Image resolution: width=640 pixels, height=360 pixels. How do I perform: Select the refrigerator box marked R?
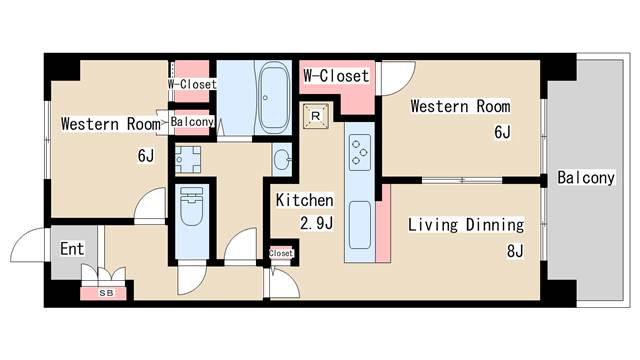(x=316, y=115)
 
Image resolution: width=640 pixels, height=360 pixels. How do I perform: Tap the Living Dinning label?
(x=465, y=224)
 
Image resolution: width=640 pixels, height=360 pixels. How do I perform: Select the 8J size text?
(x=514, y=251)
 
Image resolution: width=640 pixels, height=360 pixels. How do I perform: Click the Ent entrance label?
(x=71, y=249)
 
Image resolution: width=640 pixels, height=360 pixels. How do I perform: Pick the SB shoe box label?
(x=105, y=293)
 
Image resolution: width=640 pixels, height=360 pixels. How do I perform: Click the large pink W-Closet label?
(x=336, y=75)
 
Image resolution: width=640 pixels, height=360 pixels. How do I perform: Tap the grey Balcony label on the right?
(x=585, y=178)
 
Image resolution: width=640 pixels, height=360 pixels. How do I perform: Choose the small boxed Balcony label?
(x=192, y=122)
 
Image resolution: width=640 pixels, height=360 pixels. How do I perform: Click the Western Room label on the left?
(x=110, y=125)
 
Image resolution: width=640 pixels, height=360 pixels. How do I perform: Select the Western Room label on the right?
(x=460, y=106)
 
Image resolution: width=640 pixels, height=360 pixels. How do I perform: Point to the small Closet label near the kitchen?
(x=282, y=253)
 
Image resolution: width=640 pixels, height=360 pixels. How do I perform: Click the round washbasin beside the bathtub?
(x=281, y=158)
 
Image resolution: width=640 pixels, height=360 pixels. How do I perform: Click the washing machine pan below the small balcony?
(x=188, y=157)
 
